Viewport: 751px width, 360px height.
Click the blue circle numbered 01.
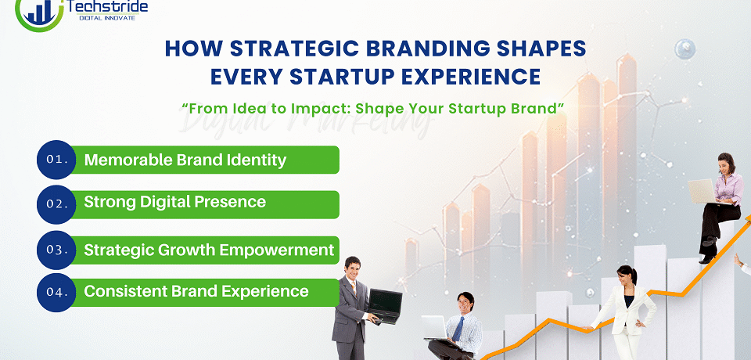pos(56,160)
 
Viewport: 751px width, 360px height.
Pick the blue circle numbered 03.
pos(56,250)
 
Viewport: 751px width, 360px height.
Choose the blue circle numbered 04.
pos(56,292)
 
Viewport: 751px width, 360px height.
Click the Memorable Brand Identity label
pos(185,160)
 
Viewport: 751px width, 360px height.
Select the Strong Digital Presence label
pos(174,202)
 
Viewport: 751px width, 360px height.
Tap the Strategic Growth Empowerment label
pos(209,250)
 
